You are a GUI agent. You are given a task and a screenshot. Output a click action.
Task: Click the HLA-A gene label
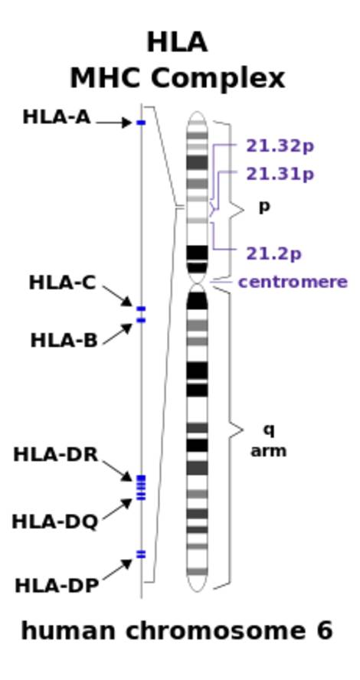[x=57, y=117]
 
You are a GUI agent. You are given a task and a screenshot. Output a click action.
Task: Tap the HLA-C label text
[x=62, y=283]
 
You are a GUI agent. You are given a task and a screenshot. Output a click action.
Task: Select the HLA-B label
[x=64, y=341]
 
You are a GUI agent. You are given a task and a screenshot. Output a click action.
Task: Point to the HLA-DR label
[x=56, y=455]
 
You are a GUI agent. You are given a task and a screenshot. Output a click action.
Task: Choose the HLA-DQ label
[x=55, y=521]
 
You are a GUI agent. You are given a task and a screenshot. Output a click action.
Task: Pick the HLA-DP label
[x=57, y=586]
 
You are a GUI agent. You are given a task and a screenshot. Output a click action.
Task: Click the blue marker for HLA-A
[x=141, y=123]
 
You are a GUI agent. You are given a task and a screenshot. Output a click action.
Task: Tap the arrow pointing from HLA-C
[x=117, y=296]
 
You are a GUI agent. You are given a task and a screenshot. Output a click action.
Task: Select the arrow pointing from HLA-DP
[x=117, y=570]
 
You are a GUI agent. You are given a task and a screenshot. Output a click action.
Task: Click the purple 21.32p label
[x=280, y=146]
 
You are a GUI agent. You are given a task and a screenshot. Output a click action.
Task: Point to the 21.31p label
[x=280, y=175]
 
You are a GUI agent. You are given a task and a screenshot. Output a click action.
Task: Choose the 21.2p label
[x=273, y=254]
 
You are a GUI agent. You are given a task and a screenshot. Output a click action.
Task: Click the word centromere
[x=293, y=282]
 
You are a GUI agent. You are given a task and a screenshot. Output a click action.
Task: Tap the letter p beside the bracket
[x=264, y=208]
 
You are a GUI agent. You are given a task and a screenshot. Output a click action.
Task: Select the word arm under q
[x=269, y=451]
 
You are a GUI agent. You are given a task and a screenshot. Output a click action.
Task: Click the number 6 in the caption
[x=323, y=630]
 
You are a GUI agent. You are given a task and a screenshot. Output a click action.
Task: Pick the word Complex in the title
[x=218, y=80]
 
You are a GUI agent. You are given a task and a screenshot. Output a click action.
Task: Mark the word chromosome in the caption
[x=215, y=631]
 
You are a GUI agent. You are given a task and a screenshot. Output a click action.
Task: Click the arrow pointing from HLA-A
[x=114, y=123]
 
